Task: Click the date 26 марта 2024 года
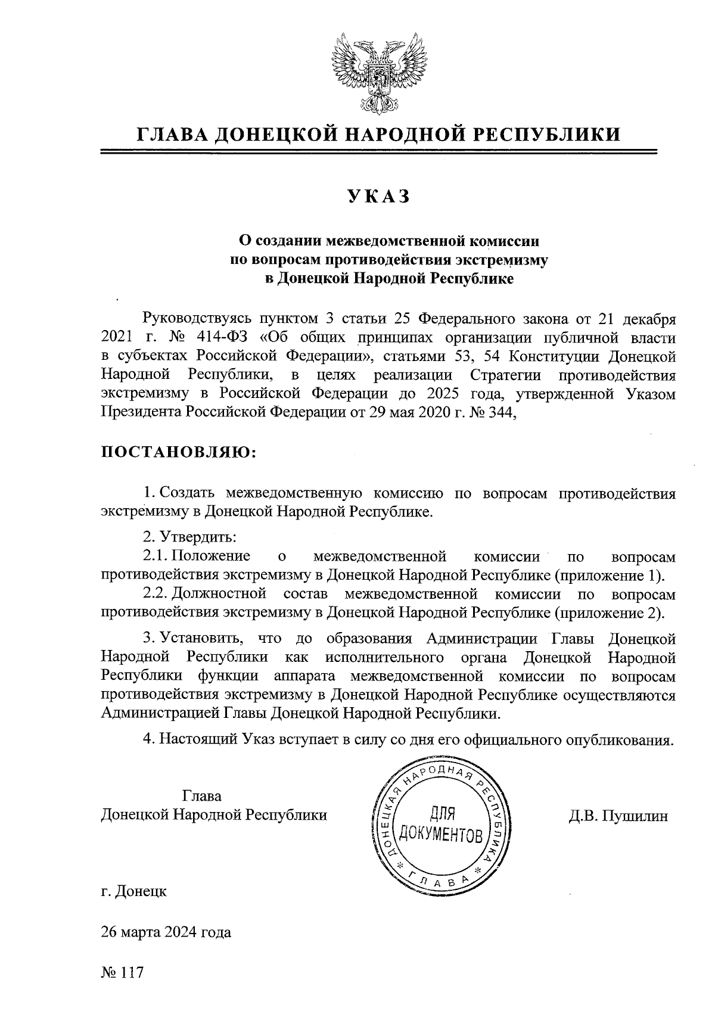[x=166, y=932]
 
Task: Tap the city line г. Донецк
[x=133, y=891]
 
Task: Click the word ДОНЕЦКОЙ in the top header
[x=276, y=135]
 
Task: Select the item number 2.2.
[x=156, y=594]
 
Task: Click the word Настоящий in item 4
[x=199, y=739]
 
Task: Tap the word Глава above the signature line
[x=202, y=797]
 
